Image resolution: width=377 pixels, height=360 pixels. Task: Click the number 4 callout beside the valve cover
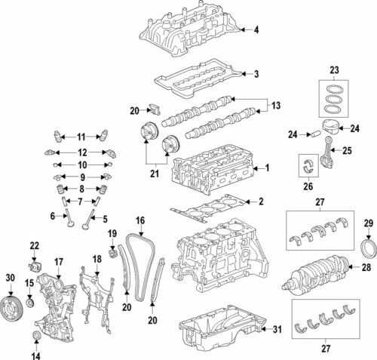click(256, 29)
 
